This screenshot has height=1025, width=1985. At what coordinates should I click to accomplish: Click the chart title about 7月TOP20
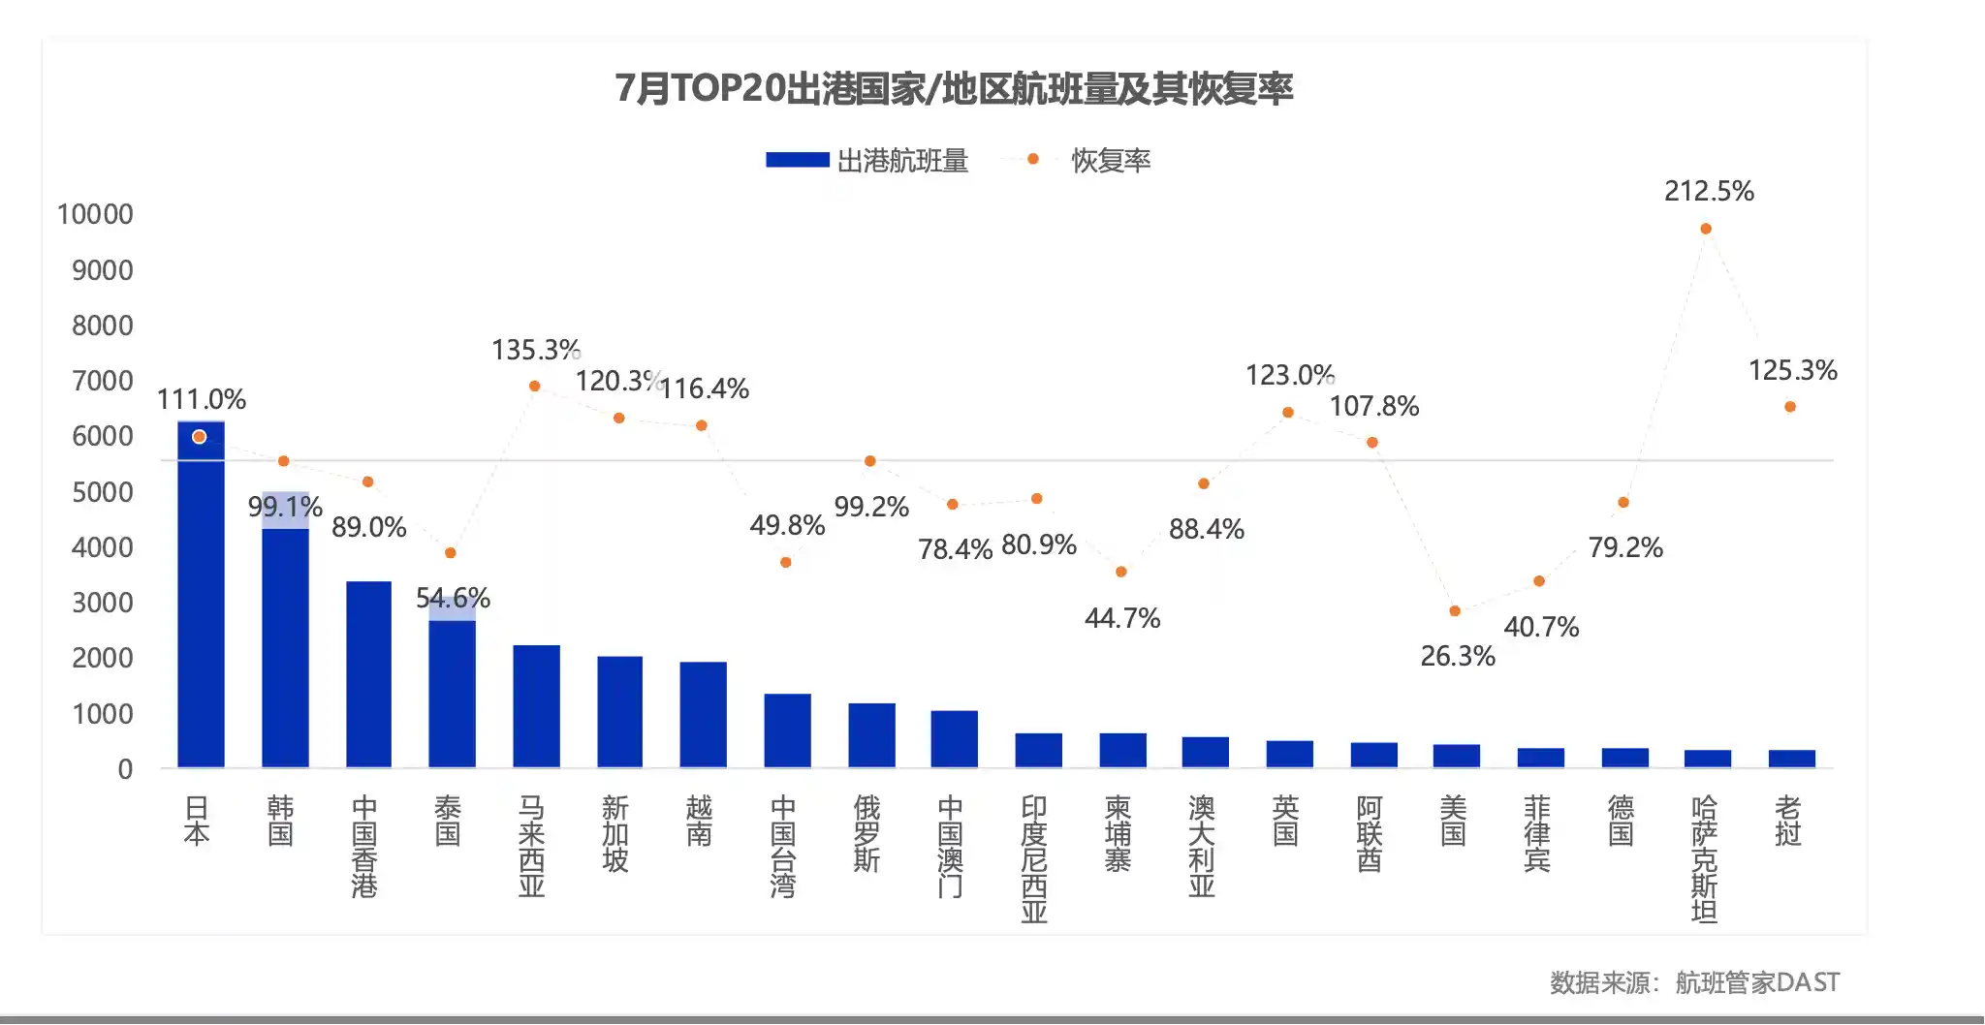tap(954, 88)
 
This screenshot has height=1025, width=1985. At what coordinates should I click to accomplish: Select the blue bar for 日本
tap(201, 601)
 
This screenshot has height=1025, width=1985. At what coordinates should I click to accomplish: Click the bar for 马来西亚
tap(536, 706)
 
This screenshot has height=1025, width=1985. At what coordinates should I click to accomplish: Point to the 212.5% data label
tap(1709, 191)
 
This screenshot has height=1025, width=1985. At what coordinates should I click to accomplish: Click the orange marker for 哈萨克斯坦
tap(1706, 229)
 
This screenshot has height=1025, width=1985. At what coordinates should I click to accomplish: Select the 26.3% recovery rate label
tap(1457, 656)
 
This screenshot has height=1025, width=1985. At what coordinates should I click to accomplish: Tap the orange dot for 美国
tap(1455, 611)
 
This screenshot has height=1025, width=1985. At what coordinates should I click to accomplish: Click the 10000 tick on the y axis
tap(95, 214)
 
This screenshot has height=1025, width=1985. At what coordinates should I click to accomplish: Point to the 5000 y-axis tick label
tap(102, 492)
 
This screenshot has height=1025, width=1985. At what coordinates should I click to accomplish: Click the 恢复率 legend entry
tap(1110, 161)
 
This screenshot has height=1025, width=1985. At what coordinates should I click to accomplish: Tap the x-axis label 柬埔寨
tap(1118, 833)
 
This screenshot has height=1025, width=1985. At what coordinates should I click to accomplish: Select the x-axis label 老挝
tap(1788, 821)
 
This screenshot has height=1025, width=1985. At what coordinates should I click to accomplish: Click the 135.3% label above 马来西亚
tap(535, 350)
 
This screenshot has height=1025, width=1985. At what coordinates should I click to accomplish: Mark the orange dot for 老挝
tap(1790, 407)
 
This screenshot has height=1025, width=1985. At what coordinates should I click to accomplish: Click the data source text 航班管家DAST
tap(1756, 982)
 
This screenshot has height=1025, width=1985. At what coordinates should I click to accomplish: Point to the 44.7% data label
tap(1121, 618)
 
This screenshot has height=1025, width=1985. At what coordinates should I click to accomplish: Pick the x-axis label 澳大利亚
tap(1202, 846)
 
